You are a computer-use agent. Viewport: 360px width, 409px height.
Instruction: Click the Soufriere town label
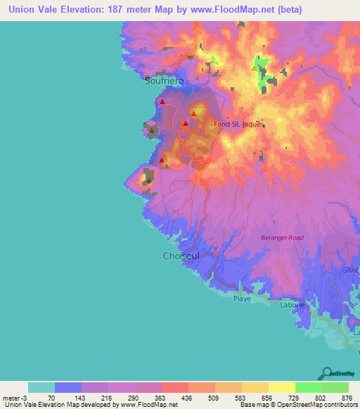(165, 81)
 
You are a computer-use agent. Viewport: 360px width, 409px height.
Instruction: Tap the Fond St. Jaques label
(238, 124)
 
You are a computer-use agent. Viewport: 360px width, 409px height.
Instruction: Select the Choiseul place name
(181, 257)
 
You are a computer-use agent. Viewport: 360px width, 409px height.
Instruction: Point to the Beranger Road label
(283, 238)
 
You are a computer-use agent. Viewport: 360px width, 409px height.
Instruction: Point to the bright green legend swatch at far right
(335, 387)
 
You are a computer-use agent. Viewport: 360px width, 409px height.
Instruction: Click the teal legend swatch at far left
(41, 387)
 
